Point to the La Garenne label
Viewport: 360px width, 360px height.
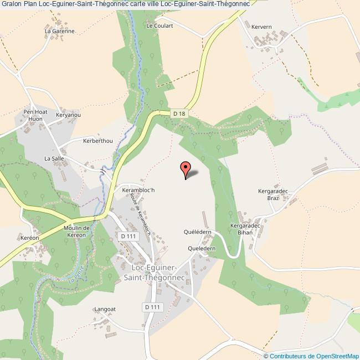point(60,32)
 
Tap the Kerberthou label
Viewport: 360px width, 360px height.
point(97,141)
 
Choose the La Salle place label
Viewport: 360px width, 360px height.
point(55,158)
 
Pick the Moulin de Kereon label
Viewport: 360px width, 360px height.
point(76,232)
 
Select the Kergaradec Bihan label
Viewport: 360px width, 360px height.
point(241,229)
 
